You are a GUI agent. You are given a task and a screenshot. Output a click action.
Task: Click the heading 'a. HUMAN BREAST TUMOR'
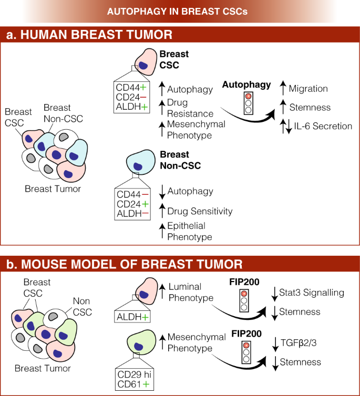click(89, 35)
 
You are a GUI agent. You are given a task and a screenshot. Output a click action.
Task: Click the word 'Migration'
click(308, 89)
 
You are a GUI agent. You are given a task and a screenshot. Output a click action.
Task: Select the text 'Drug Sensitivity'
click(200, 211)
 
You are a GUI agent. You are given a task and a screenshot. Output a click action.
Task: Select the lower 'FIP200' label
click(247, 332)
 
